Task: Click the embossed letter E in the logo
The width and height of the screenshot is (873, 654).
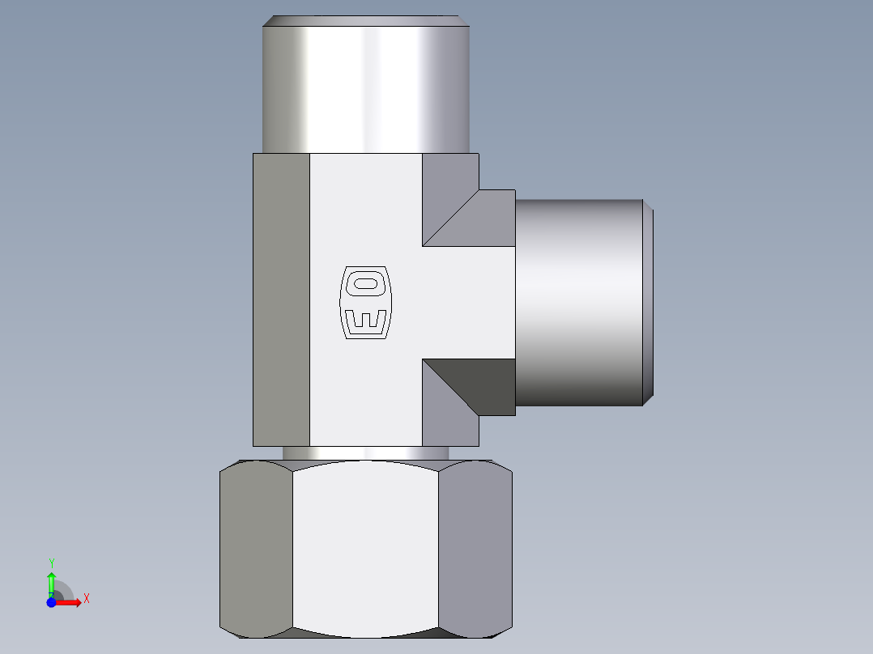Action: pyautogui.click(x=364, y=320)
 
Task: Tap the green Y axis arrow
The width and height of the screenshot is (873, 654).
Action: pyautogui.click(x=51, y=581)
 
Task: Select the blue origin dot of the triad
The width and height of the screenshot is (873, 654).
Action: pyautogui.click(x=51, y=602)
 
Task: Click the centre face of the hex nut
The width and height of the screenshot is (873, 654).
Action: pyautogui.click(x=365, y=550)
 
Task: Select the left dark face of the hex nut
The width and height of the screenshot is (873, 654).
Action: pyautogui.click(x=255, y=550)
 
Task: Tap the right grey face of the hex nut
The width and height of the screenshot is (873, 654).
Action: pyautogui.click(x=475, y=550)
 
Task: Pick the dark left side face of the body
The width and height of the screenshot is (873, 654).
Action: pyautogui.click(x=281, y=299)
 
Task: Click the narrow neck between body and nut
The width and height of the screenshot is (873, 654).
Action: pyautogui.click(x=365, y=452)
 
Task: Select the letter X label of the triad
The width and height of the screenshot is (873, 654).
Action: pyautogui.click(x=87, y=599)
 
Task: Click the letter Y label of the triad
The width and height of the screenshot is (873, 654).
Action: pyautogui.click(x=51, y=562)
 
